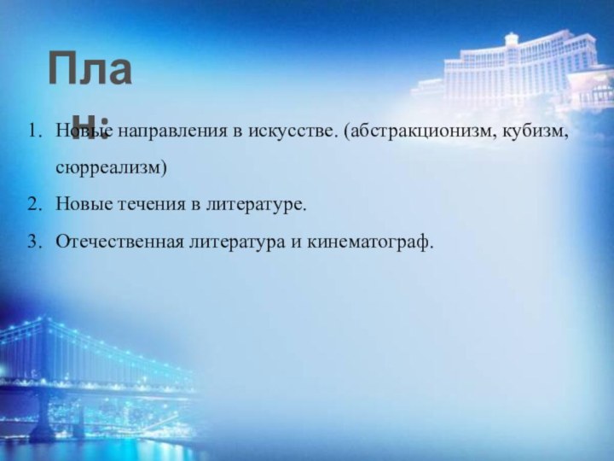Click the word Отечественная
tap(107, 243)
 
